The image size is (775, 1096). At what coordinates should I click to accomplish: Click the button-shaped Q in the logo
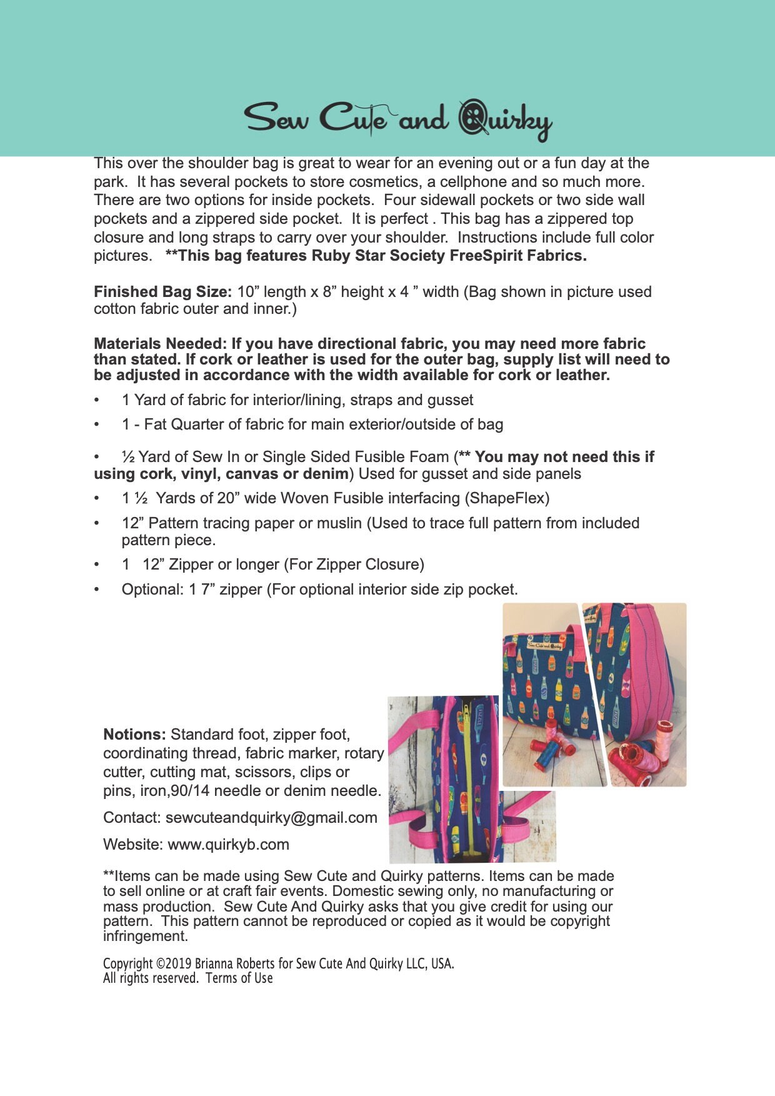point(473,118)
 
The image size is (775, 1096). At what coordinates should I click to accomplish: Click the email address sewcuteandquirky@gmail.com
point(271,818)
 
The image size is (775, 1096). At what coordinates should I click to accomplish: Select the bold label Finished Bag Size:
point(163,292)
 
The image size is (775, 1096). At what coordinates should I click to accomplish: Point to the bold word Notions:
point(134,735)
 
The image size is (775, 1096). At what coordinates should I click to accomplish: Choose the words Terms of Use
point(239,978)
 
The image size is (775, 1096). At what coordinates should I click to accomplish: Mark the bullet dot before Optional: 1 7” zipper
point(97,590)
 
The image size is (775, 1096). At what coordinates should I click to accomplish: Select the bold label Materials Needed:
point(160,344)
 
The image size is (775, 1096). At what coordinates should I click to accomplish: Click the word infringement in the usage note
point(145,937)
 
